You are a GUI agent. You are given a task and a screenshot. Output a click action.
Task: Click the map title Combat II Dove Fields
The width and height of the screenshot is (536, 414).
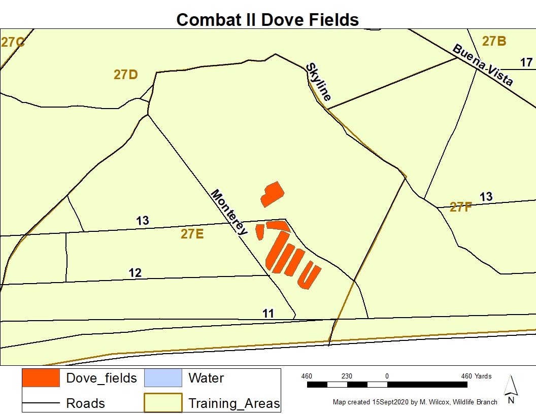coord(267,19)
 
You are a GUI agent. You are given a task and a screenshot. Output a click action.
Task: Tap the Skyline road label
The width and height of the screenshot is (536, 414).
coord(319,82)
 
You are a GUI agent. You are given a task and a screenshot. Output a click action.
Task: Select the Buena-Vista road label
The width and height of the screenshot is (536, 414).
coord(483,65)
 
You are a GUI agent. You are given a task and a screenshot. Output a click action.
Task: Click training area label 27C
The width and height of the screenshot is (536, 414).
coord(12,42)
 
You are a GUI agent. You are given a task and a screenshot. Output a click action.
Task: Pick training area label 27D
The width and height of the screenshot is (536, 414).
coord(125,75)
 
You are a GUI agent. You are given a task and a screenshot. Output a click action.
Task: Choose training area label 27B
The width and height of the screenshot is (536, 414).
coord(494,41)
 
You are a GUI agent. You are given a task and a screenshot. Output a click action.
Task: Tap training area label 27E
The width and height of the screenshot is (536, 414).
coord(192,234)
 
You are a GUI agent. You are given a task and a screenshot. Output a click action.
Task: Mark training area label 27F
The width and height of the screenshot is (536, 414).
coord(460,206)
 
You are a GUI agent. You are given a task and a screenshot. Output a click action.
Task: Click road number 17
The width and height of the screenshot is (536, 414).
coord(526,62)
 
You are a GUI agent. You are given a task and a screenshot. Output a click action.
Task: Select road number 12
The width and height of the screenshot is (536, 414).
coord(135,273)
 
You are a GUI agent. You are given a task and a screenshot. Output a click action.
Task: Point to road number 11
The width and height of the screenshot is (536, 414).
coord(269,314)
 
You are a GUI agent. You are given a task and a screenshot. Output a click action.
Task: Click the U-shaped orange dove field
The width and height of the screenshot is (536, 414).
coord(309,277)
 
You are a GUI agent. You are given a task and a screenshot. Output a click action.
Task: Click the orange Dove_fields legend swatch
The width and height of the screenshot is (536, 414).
coord(41,378)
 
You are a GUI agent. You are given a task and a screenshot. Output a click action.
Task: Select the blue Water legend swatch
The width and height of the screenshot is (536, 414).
coord(163,378)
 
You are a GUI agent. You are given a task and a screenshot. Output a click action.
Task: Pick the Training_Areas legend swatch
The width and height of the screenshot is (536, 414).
coord(163,403)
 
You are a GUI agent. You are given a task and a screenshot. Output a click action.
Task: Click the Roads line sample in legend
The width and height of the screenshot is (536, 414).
coord(41,404)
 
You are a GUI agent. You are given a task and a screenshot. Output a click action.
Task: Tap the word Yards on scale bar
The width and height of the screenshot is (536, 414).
coord(483,376)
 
